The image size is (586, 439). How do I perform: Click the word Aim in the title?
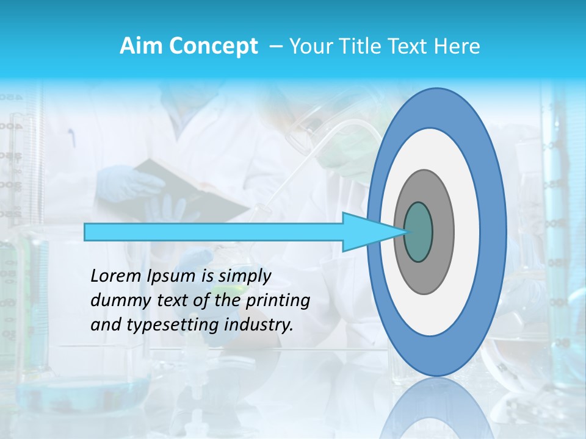pyautogui.click(x=140, y=46)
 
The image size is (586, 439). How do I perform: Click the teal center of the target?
pyautogui.click(x=419, y=232)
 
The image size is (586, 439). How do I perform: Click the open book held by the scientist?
pyautogui.click(x=189, y=189)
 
